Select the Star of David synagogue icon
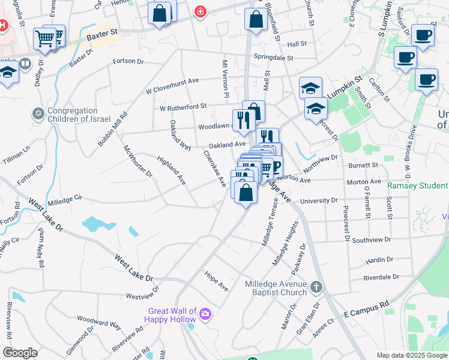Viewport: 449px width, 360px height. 38,113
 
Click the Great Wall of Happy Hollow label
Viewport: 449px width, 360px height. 173,315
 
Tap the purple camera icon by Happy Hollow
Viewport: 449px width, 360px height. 205,314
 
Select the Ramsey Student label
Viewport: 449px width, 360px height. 417,186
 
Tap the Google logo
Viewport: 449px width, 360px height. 20,353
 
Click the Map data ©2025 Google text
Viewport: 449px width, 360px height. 411,355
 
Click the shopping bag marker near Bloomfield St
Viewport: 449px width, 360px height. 256,20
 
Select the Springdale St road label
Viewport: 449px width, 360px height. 273,58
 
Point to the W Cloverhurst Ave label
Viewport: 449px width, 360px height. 172,85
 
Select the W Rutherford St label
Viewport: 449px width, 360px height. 182,107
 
